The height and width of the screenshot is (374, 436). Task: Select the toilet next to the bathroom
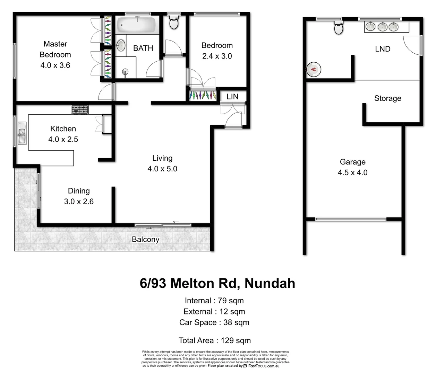pos(173,23)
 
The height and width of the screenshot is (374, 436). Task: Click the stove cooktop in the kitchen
pos(80,109)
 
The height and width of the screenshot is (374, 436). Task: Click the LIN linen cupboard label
pos(232,97)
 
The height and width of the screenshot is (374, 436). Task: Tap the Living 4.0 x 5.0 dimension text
pos(162,169)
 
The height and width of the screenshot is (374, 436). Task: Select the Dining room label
pos(79,191)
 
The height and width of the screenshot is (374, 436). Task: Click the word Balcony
pos(145,239)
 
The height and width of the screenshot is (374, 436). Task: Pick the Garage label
pos(352,162)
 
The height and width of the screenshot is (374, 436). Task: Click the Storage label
pos(387,98)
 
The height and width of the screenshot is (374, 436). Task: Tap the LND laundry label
pos(383,49)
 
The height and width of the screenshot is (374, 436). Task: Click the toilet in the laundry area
pos(339,27)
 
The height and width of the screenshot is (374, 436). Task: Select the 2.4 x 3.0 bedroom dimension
pos(217,56)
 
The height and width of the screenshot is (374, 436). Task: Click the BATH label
pos(143,48)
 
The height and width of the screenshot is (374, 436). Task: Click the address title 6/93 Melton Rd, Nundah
pos(217,283)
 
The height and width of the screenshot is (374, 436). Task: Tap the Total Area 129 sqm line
pos(214,340)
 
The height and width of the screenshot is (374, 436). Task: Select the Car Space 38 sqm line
pos(214,322)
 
